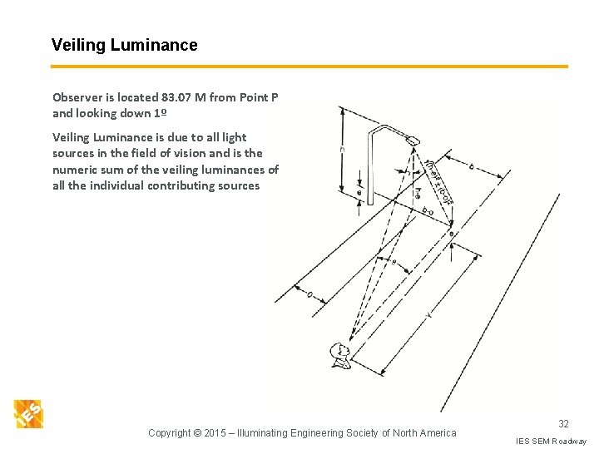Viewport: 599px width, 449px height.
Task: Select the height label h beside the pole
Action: (x=342, y=150)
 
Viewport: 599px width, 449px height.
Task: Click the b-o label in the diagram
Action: (x=428, y=211)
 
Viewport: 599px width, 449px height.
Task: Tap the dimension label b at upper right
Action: (x=471, y=166)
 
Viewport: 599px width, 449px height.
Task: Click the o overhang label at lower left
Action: (x=309, y=294)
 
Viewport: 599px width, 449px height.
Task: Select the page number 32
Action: (x=563, y=424)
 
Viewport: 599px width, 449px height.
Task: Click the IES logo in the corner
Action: (x=28, y=414)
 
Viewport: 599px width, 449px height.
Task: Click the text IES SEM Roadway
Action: (x=551, y=441)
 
